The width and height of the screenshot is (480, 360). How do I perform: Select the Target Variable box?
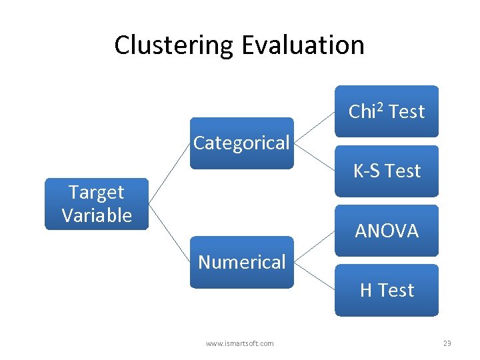[97, 204]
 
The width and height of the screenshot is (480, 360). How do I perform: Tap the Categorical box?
[241, 143]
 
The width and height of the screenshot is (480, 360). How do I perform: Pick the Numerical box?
[241, 262]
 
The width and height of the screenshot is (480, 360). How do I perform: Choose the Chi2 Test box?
[387, 111]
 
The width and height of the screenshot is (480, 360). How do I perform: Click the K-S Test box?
[387, 171]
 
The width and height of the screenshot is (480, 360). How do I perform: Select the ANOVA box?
[387, 231]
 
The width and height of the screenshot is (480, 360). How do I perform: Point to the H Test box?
[387, 290]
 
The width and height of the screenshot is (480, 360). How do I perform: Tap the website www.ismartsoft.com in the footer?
[239, 343]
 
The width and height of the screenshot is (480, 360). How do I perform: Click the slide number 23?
[447, 343]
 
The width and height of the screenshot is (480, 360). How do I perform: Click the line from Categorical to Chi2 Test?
[314, 127]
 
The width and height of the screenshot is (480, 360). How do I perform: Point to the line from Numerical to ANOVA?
[314, 247]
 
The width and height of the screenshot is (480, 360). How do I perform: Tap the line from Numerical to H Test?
[314, 276]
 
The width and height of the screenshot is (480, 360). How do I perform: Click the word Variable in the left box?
[97, 215]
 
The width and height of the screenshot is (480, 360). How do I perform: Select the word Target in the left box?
[97, 193]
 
